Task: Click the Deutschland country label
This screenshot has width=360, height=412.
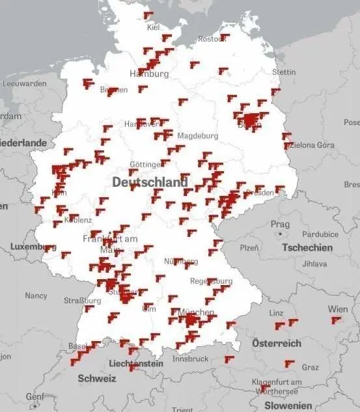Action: click(150, 183)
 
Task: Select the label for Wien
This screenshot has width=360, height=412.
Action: click(338, 309)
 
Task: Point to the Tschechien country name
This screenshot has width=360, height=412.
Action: click(307, 247)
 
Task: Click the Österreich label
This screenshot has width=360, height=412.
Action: click(277, 343)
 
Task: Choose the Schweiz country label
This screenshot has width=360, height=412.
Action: click(97, 378)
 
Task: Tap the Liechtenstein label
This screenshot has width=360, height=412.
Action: click(136, 364)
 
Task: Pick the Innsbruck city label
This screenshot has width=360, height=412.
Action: click(190, 359)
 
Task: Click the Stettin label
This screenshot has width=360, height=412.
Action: click(284, 72)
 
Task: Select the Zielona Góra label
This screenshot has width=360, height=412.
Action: click(310, 144)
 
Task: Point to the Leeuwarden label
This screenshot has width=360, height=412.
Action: click(25, 83)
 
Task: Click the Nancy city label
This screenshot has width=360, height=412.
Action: click(36, 295)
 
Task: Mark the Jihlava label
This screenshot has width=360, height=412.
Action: click(314, 264)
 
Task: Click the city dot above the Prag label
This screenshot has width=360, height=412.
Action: click(280, 233)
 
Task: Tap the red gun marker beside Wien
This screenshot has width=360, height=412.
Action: click(336, 320)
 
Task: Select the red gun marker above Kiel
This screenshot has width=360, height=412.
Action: click(148, 14)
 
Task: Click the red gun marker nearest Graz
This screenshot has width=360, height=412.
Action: click(289, 363)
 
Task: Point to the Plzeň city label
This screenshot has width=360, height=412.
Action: click(250, 248)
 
